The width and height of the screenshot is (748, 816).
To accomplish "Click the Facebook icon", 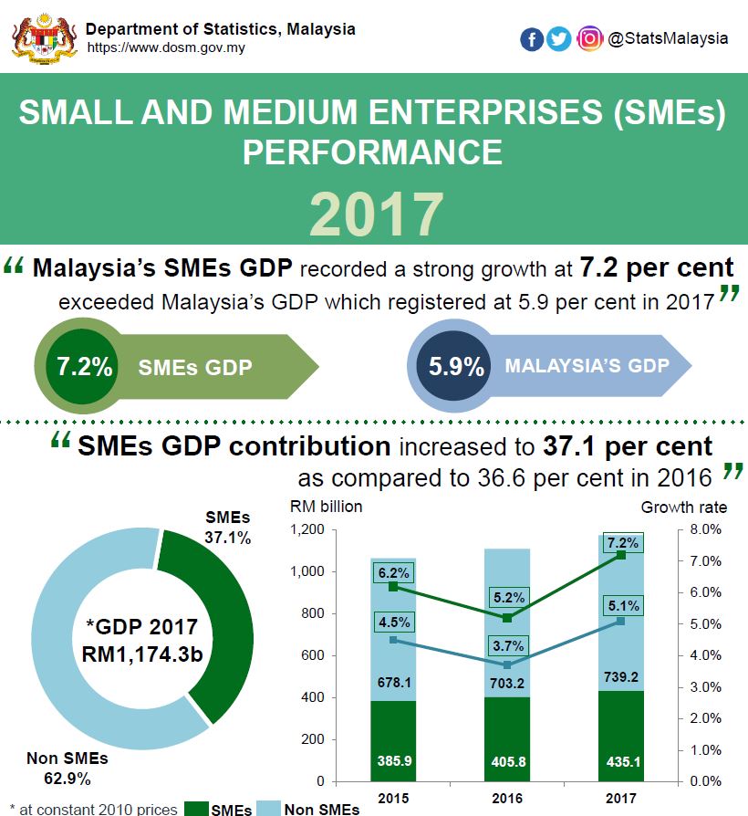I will tap(532, 39).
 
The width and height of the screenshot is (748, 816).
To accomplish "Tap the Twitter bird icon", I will tap(559, 39).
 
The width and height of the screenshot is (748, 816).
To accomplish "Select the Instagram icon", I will tap(590, 39).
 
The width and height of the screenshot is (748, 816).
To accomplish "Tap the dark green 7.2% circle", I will tap(84, 368).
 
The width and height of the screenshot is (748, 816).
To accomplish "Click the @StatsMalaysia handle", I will tap(668, 38).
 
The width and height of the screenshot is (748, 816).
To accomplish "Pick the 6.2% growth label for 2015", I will tap(393, 573).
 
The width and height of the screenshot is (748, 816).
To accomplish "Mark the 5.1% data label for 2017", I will tap(621, 604).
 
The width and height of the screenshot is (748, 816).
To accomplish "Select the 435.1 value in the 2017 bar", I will tap(621, 760).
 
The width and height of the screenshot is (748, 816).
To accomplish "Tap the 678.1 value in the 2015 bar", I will tap(393, 681).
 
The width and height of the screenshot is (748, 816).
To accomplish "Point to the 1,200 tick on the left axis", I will tap(306, 530).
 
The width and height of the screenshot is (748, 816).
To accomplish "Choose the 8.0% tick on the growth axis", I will tap(705, 530).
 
